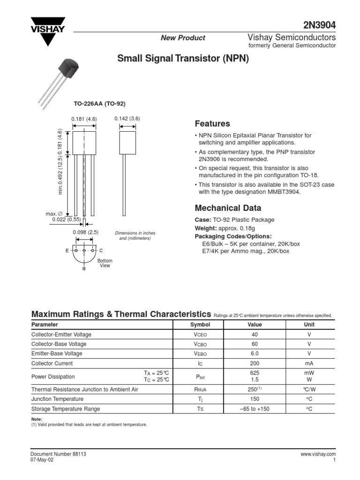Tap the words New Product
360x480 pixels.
(x=183, y=38)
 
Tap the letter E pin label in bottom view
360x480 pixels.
(x=67, y=251)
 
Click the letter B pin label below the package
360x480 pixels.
(x=84, y=270)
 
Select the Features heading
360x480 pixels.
(x=212, y=124)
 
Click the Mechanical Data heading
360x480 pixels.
(x=228, y=208)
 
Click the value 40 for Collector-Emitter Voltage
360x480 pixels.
(x=255, y=334)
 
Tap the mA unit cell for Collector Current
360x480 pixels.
(x=309, y=363)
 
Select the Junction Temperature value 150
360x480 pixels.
(x=255, y=399)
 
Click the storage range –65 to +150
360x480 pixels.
(x=255, y=409)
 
